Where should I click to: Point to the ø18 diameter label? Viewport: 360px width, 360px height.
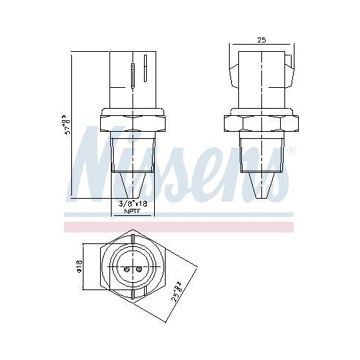click(81, 266)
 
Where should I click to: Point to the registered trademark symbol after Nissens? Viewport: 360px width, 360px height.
click(292, 151)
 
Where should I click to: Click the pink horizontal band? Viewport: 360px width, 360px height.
click(180, 226)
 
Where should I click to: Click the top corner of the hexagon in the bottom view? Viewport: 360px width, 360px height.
click(134, 231)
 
